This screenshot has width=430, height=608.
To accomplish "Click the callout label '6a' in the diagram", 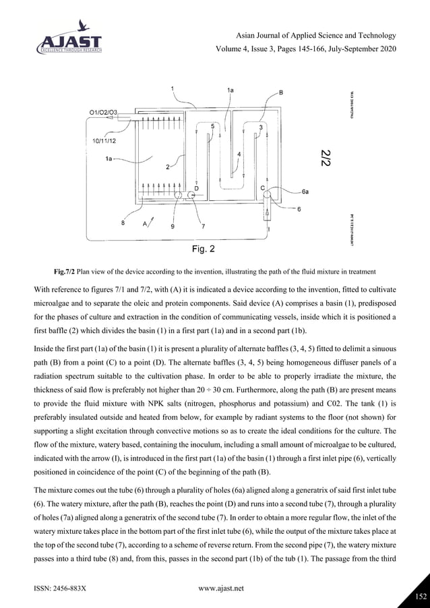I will [x=305, y=191].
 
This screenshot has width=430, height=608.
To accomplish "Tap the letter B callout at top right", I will [x=280, y=92].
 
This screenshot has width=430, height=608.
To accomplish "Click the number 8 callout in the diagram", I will [x=122, y=225].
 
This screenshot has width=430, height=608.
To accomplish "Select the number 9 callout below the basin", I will [x=173, y=227].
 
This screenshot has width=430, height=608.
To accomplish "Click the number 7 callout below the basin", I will [x=203, y=226].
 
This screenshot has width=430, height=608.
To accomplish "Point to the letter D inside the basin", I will [x=196, y=188].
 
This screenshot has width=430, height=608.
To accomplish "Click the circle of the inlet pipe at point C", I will [x=266, y=195].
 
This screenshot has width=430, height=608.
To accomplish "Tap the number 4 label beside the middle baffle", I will [x=239, y=154].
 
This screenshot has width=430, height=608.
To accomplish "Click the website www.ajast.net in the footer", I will [x=221, y=588].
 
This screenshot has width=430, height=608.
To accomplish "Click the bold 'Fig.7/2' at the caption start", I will [x=65, y=272].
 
